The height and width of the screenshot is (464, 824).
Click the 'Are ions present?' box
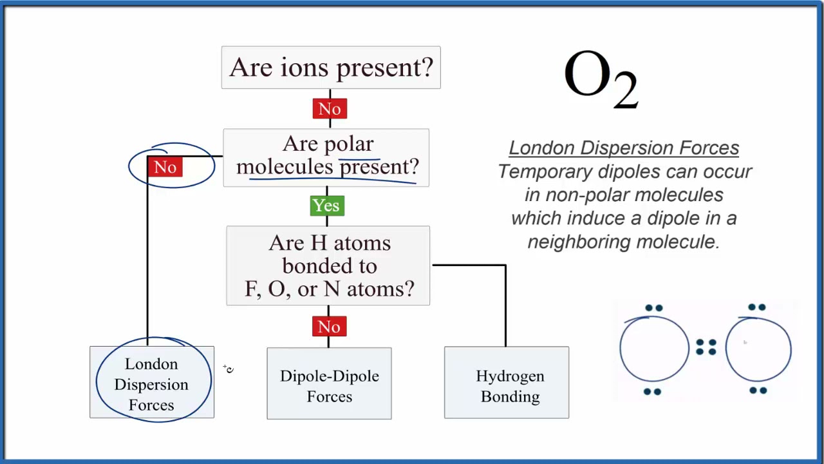pos(331,67)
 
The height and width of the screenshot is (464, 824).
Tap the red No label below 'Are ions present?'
pos(330,108)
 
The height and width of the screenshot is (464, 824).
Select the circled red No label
pos(165,167)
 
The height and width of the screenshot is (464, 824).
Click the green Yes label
pos(326,206)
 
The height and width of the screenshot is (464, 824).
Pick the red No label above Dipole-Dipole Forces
pos(329,326)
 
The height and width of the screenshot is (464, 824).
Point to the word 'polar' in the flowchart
pos(350,144)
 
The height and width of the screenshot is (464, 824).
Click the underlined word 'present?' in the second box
pos(379,167)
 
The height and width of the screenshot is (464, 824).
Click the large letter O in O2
pos(586,74)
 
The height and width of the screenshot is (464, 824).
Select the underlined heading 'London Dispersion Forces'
pos(624,148)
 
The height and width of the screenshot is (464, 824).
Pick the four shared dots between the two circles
pos(706,347)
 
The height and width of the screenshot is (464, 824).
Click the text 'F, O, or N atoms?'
pos(329,289)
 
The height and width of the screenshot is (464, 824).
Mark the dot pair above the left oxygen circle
pos(653,309)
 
